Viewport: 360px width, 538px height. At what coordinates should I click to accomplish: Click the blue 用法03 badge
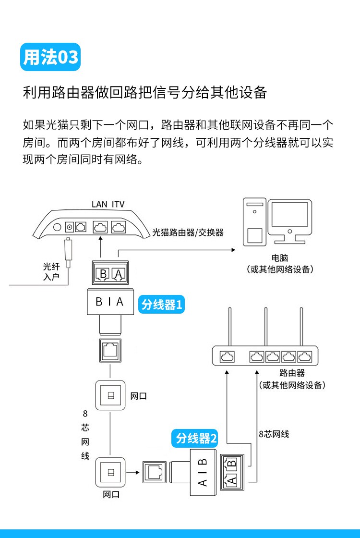pyautogui.click(x=50, y=57)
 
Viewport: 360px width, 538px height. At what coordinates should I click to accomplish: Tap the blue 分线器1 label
pyautogui.click(x=162, y=304)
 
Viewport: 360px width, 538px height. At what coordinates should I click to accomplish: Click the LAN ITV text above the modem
pyautogui.click(x=108, y=204)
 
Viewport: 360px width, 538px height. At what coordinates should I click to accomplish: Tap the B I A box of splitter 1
pyautogui.click(x=110, y=302)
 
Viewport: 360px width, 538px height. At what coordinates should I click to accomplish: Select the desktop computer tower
pyautogui.click(x=254, y=223)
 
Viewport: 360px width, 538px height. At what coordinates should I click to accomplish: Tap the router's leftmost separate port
pyautogui.click(x=227, y=357)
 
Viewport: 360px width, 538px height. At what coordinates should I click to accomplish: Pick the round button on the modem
pyautogui.click(x=57, y=227)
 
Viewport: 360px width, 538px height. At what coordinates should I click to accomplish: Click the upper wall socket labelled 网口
pyautogui.click(x=110, y=395)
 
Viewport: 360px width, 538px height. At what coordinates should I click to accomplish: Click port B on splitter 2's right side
pyautogui.click(x=231, y=464)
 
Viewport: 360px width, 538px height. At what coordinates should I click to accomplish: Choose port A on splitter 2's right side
pyautogui.click(x=231, y=480)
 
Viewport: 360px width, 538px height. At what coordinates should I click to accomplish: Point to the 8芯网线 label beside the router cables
pyautogui.click(x=274, y=434)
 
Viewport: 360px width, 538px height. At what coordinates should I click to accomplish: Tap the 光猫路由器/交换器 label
pyautogui.click(x=188, y=232)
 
